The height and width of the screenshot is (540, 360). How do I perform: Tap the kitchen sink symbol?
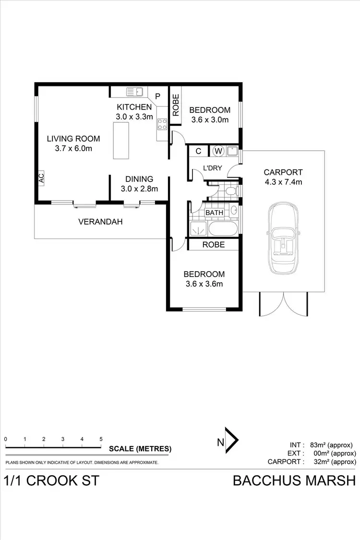pyautogui.click(x=134, y=91)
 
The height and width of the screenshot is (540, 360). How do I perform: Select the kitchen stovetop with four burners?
pyautogui.click(x=162, y=124)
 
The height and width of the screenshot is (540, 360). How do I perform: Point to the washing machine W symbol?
pyautogui.click(x=218, y=151)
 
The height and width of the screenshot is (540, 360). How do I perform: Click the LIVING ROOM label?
pyautogui.click(x=73, y=139)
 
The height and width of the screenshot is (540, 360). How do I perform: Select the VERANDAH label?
pyautogui.click(x=100, y=222)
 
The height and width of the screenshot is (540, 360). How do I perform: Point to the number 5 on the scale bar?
pyautogui.click(x=101, y=439)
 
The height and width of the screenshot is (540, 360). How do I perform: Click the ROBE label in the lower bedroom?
pyautogui.click(x=213, y=244)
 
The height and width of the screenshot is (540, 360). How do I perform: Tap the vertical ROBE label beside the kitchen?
pyautogui.click(x=175, y=105)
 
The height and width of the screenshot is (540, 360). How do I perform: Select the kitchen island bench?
pyautogui.click(x=121, y=140)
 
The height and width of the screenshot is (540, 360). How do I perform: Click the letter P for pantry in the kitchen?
pyautogui.click(x=157, y=96)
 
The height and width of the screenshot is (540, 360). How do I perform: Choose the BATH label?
pyautogui.click(x=214, y=213)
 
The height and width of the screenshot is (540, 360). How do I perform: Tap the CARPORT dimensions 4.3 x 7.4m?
pyautogui.click(x=283, y=182)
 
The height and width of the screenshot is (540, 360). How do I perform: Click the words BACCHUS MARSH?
pyautogui.click(x=294, y=480)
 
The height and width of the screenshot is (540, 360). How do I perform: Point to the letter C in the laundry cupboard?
pyautogui.click(x=198, y=151)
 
